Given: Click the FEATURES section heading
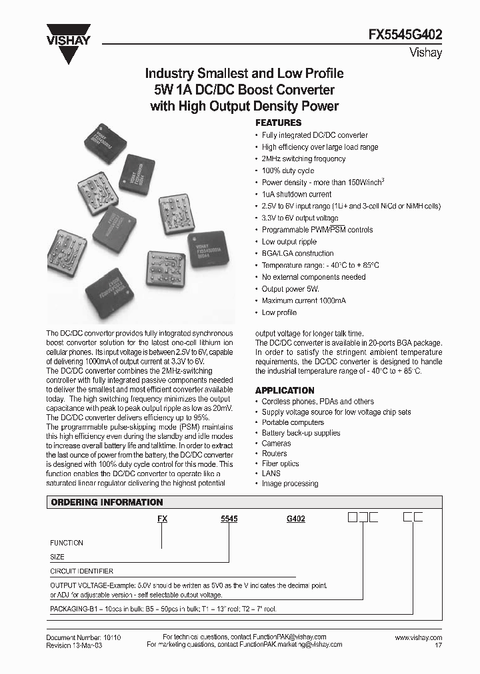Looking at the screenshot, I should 279,123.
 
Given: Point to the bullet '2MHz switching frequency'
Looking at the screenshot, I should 303,159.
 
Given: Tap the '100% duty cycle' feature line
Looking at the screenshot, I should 289,170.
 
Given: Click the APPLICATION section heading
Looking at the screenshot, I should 285,390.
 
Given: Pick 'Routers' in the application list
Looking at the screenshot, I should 274,454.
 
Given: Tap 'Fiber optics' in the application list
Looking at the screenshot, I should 280,464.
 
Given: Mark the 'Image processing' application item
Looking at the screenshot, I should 289,484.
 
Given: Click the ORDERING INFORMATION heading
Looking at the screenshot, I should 107,502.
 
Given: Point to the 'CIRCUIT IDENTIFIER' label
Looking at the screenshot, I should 81,571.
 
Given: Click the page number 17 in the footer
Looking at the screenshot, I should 437,645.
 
